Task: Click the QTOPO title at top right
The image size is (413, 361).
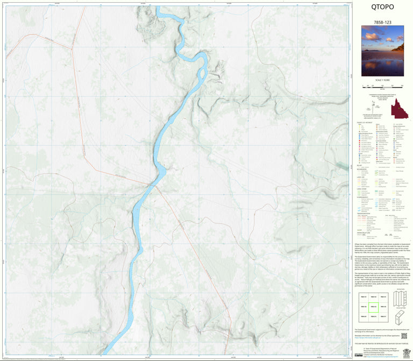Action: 382,8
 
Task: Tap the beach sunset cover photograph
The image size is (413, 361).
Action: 382,51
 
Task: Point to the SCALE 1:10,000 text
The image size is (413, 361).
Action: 382,80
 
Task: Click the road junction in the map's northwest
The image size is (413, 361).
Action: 72,48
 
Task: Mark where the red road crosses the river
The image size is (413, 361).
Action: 148,185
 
